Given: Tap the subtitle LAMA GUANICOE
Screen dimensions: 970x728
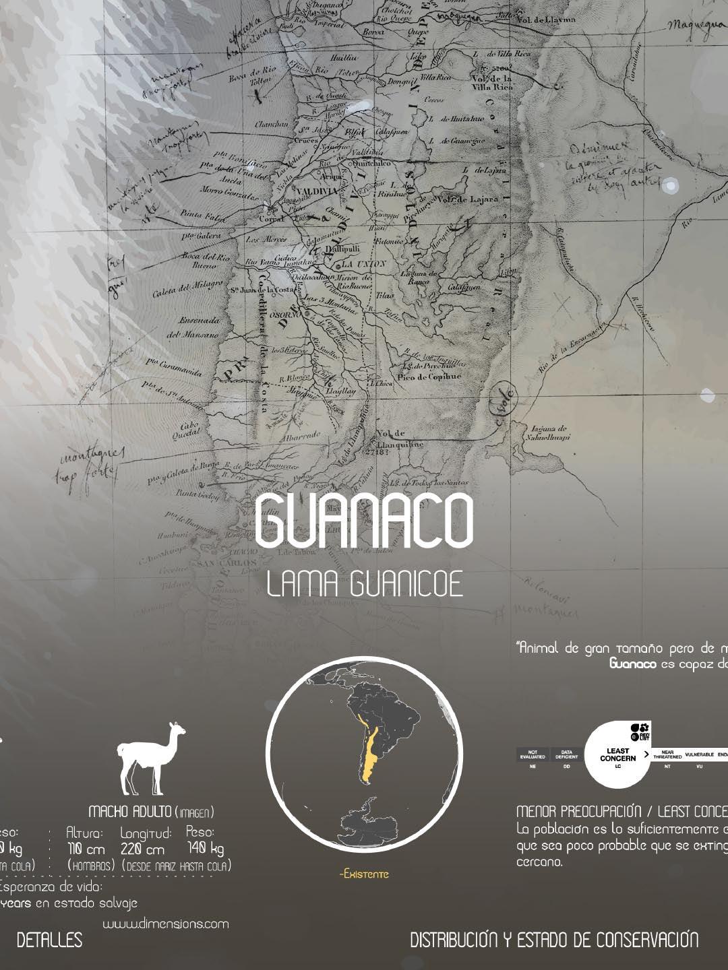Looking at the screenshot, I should tap(365, 584).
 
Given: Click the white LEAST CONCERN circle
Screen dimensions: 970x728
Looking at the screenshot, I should tap(617, 754).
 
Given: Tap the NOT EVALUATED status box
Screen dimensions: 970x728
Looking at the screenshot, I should tap(533, 755).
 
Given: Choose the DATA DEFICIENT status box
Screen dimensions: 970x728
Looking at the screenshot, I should tap(566, 755).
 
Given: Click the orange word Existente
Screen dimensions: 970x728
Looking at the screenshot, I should tap(364, 874).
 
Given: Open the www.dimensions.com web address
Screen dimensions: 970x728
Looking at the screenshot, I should tap(165, 924).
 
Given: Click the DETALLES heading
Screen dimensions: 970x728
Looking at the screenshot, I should tap(49, 940).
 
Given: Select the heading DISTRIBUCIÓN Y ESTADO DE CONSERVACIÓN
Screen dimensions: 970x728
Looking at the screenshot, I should tap(554, 940).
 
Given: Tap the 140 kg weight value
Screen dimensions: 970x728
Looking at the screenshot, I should tap(206, 849).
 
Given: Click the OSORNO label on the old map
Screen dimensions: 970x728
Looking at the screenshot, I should tap(285, 314).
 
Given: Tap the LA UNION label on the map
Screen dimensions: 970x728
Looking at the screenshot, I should tap(363, 263).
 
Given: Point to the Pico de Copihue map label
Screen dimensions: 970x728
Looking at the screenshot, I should tap(429, 377).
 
